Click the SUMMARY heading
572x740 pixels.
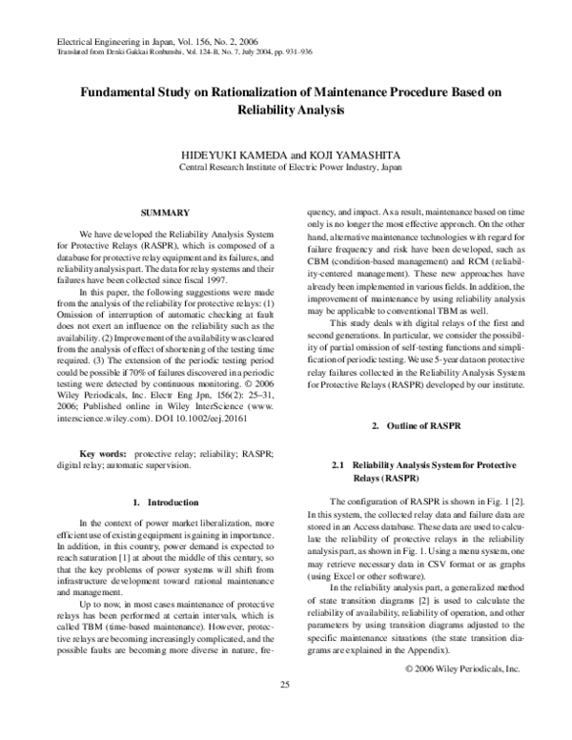pyautogui.click(x=163, y=211)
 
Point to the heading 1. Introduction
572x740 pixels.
pyautogui.click(x=165, y=502)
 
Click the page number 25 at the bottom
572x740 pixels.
pyautogui.click(x=284, y=712)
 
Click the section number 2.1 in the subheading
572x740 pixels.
pyautogui.click(x=337, y=464)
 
